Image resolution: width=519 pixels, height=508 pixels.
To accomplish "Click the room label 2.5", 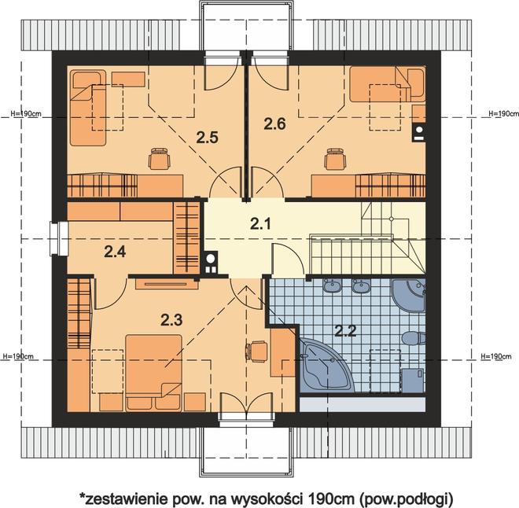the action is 207,138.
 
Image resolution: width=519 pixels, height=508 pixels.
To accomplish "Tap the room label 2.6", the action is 274,124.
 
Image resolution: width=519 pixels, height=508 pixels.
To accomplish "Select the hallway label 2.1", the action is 260,223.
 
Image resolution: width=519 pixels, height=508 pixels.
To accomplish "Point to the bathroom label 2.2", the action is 345,330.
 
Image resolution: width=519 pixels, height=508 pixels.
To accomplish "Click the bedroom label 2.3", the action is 171,320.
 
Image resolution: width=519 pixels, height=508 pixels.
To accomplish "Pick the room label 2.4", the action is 115,252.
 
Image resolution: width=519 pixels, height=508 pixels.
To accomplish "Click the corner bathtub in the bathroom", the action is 326,365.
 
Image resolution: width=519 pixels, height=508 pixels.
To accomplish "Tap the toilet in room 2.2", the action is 414,339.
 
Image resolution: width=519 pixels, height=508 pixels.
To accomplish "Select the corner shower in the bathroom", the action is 408,295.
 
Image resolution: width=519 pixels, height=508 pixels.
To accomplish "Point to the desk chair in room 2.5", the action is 160,159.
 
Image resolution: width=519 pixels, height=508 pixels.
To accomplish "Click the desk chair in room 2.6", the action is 336,159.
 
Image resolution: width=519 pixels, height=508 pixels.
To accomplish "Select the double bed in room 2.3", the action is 154,373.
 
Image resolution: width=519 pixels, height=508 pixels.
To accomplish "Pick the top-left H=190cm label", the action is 26,113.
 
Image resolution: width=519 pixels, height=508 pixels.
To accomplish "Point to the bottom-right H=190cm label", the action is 496,356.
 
